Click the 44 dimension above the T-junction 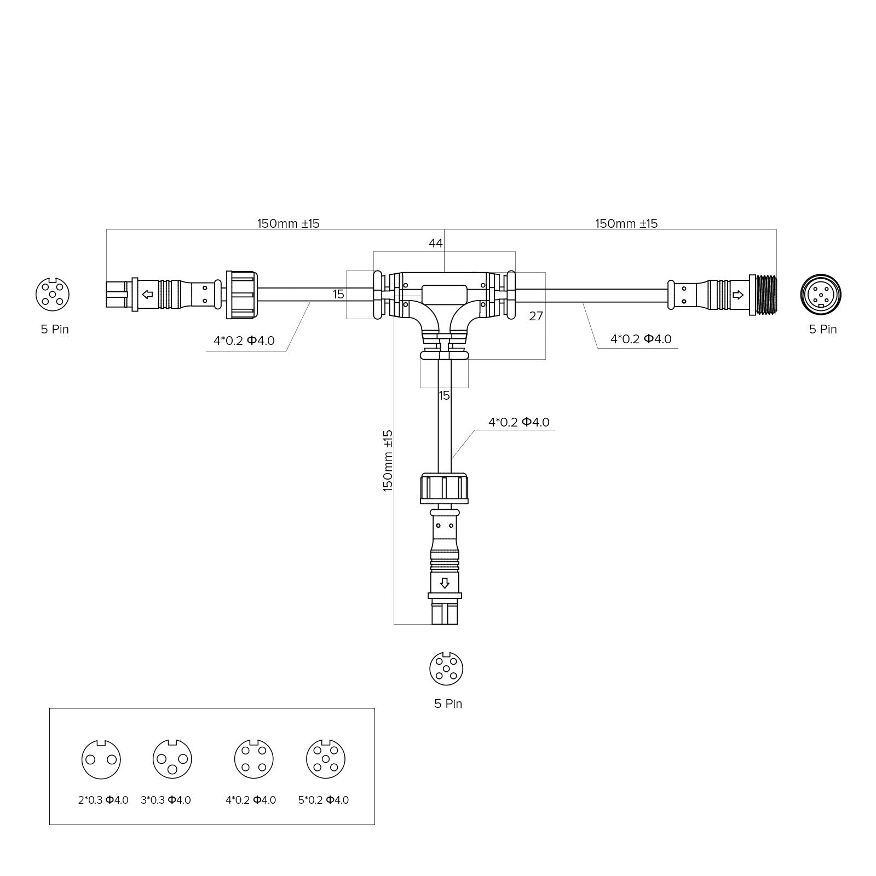click(x=435, y=243)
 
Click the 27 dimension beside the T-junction click(x=536, y=316)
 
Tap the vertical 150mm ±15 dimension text click(x=388, y=460)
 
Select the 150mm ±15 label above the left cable click(x=288, y=223)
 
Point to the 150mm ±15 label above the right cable click(x=626, y=223)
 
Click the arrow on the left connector click(x=147, y=295)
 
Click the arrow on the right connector click(x=737, y=295)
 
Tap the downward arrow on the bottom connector click(x=445, y=583)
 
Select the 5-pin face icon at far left click(x=53, y=295)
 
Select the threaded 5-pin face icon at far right click(x=820, y=295)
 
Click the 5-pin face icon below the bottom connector click(x=446, y=668)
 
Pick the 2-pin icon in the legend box click(x=101, y=759)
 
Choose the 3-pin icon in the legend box click(x=172, y=759)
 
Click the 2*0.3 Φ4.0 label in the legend click(x=103, y=800)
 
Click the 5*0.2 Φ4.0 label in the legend click(x=323, y=800)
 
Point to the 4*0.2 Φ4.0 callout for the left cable click(x=244, y=341)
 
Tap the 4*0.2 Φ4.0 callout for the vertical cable click(x=518, y=422)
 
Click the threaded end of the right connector click(x=766, y=295)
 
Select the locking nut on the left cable click(x=241, y=295)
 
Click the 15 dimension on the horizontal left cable click(x=338, y=295)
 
